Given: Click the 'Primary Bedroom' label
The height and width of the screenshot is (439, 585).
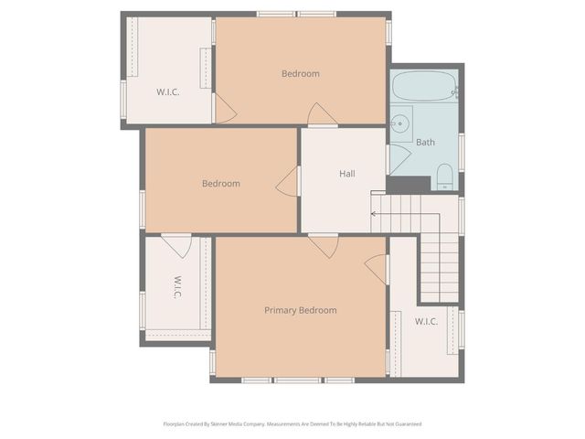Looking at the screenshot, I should (x=300, y=310).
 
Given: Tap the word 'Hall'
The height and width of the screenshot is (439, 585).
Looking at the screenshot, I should (x=347, y=174).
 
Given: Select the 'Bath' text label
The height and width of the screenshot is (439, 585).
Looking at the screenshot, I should (x=425, y=142).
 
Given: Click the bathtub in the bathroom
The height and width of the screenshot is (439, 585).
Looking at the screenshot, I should (x=424, y=88).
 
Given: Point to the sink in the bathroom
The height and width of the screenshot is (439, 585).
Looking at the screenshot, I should (x=401, y=123).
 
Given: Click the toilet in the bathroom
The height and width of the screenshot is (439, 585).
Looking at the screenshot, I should (x=444, y=176).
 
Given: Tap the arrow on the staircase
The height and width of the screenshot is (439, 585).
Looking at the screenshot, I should (x=374, y=214).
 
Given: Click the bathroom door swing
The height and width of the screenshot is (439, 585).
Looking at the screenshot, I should (x=399, y=158).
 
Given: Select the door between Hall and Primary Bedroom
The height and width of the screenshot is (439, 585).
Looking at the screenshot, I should (x=323, y=244).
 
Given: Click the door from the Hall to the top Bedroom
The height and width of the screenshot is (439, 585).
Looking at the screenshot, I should (x=322, y=116).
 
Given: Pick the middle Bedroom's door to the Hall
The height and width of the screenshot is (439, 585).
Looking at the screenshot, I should (x=289, y=181).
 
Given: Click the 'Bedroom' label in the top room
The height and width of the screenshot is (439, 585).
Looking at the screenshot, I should (x=300, y=74).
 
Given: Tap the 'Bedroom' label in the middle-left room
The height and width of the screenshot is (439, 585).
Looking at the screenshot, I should (x=220, y=183).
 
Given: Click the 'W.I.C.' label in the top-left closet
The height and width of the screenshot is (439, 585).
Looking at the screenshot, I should (x=167, y=91).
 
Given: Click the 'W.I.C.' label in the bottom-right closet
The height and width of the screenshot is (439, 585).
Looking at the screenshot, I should (x=426, y=321).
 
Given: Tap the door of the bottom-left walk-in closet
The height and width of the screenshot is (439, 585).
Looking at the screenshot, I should (x=176, y=244).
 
